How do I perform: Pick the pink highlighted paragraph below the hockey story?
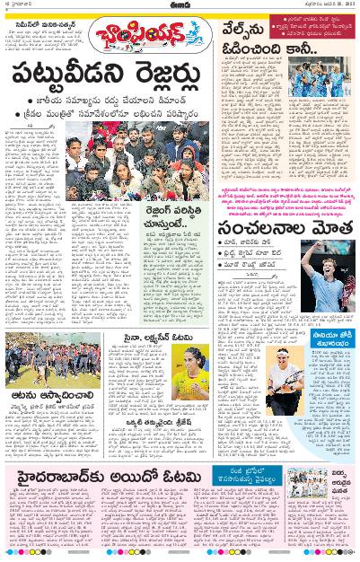(287, 203)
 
